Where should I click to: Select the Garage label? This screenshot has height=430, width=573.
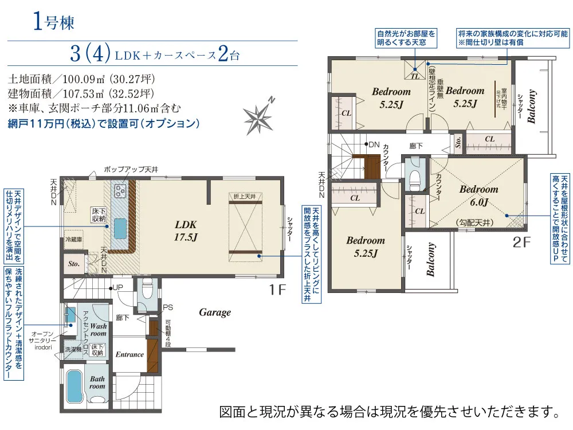[215, 312]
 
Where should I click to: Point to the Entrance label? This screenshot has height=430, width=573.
[129, 354]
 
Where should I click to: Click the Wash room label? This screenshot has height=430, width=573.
[98, 329]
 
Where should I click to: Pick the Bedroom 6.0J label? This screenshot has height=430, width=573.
[478, 195]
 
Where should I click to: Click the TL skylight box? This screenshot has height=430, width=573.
[414, 73]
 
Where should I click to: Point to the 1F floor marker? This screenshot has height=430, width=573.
[276, 290]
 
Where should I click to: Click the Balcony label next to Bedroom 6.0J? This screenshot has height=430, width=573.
[430, 260]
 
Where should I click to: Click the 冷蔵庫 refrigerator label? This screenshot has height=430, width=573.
[74, 239]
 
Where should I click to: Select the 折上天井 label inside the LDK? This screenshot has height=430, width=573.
[245, 197]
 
